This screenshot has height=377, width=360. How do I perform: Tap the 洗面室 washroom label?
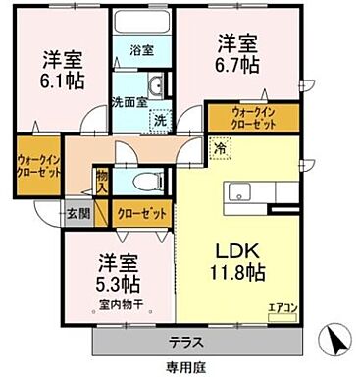[x=129, y=99]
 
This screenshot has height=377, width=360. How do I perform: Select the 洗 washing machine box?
[x=158, y=120]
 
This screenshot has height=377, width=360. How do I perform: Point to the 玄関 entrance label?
[x=77, y=211]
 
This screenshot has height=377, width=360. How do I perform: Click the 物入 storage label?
[x=102, y=183]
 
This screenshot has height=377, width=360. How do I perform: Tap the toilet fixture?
[x=148, y=181]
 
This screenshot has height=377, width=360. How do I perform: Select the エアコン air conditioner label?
[x=283, y=308]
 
